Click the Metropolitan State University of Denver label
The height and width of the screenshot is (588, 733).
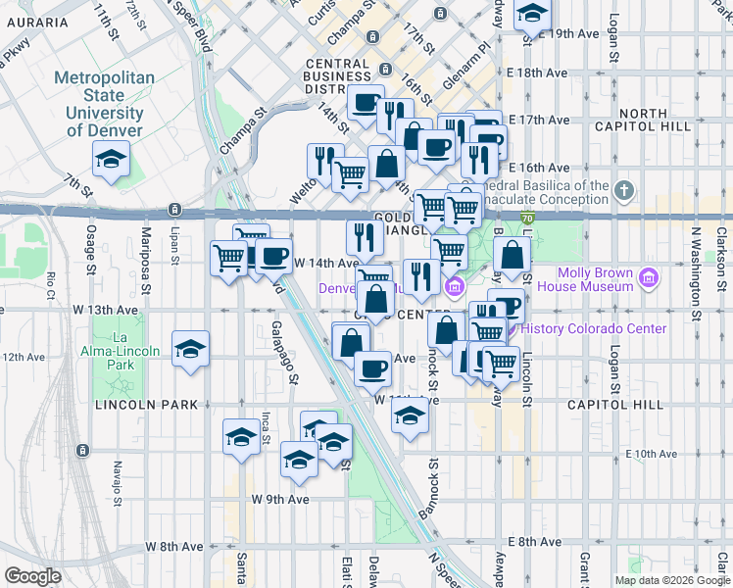click(104, 104)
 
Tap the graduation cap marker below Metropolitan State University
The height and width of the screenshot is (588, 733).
click(112, 159)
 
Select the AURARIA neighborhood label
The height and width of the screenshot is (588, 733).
click(35, 22)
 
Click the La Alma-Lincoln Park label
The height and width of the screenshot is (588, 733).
click(122, 351)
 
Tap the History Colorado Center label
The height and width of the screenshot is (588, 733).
click(594, 329)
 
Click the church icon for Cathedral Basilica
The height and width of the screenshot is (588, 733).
click(624, 187)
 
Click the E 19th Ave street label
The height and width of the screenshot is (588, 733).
click(568, 33)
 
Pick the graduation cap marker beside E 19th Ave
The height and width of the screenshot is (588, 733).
click(532, 13)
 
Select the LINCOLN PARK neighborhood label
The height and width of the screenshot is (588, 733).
click(146, 405)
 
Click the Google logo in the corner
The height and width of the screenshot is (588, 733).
click(32, 576)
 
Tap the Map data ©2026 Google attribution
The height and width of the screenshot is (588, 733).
click(670, 580)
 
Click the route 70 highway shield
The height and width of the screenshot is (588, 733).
click(526, 218)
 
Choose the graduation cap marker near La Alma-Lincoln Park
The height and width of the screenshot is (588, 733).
click(190, 350)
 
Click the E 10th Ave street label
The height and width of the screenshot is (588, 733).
click(652, 454)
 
